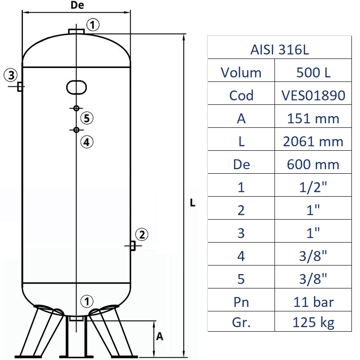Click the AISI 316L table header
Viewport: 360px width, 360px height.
click(x=279, y=49)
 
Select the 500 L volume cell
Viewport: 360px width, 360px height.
click(x=314, y=72)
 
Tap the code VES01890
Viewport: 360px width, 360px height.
click(x=314, y=95)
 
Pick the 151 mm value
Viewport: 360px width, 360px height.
click(x=314, y=118)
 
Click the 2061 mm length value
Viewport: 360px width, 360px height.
click(x=314, y=141)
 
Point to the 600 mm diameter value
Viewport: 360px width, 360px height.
click(x=314, y=164)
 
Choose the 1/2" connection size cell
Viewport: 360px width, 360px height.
click(x=314, y=187)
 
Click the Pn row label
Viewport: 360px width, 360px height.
click(x=241, y=301)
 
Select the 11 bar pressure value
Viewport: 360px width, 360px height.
click(x=314, y=301)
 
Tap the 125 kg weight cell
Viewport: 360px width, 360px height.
click(x=314, y=322)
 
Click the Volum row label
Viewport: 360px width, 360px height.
click(x=241, y=72)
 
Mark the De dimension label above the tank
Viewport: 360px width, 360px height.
click(x=77, y=6)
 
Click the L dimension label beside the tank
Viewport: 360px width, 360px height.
click(x=193, y=203)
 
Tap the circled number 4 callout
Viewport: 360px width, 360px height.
click(x=87, y=142)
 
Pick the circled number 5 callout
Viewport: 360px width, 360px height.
click(x=87, y=118)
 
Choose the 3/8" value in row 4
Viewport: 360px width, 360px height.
click(x=314, y=256)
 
